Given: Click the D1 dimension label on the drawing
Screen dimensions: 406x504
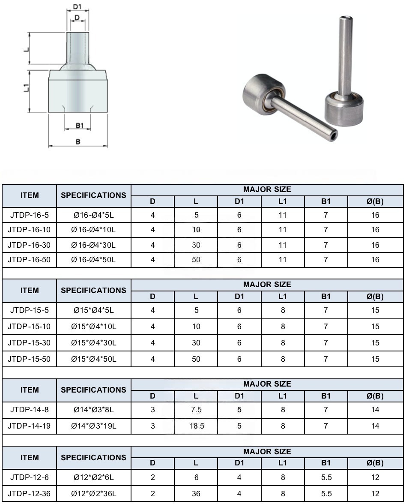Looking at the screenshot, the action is click(x=77, y=6).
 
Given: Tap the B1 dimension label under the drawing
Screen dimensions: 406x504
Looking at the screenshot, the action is click(x=80, y=125).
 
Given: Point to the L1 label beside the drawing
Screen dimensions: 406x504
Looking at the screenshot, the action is click(x=27, y=87).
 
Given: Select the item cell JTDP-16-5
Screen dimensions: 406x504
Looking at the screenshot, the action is click(x=30, y=215).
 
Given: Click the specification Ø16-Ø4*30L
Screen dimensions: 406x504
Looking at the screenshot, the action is click(x=93, y=245).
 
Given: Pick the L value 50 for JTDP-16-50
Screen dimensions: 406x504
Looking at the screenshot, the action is click(x=196, y=259).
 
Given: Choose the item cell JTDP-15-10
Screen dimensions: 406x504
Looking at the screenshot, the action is click(x=29, y=327).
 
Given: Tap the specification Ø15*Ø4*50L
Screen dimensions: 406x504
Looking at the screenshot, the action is click(x=94, y=359).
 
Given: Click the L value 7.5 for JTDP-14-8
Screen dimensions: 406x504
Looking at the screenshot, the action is click(x=196, y=410).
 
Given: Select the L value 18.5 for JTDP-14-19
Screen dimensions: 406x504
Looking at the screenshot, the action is click(x=197, y=426).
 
